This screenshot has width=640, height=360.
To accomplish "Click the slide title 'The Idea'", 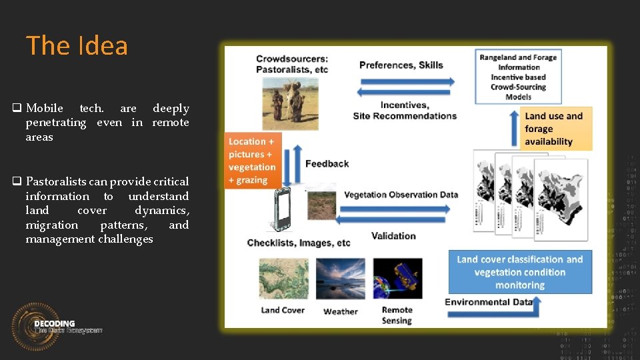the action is pos(77,46).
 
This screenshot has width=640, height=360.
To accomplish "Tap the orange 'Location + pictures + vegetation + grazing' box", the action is pos(253,161).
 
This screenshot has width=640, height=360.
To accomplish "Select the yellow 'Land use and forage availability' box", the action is pos(555,129).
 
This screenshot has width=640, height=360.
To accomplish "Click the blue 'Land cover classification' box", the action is pos(520,272).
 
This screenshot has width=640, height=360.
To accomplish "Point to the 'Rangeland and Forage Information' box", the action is pos(518,77).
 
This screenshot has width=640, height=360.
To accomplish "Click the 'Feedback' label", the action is pos(327,163).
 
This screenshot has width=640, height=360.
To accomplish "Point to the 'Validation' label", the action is pos(393,235).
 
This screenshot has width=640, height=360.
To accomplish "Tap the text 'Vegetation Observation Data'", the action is pos(401,195).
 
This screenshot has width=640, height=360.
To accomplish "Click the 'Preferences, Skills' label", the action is pos(401,65).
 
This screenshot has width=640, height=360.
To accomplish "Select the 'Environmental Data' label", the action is pos(489,302).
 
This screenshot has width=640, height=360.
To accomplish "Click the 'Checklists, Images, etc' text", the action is pos(298,243).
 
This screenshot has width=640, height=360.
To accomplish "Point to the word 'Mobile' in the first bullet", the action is pos(45,108).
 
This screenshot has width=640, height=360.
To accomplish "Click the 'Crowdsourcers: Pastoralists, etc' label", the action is pos(292,64).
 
